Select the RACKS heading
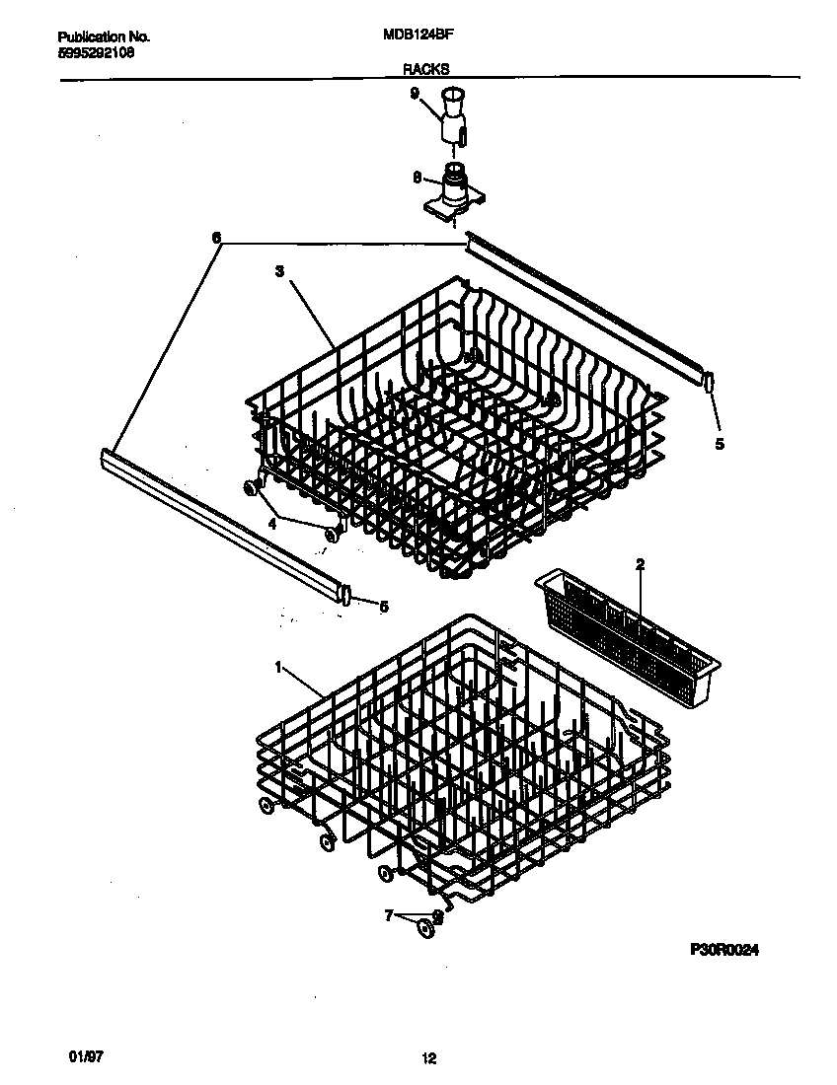[x=425, y=69]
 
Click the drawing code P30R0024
[x=725, y=949]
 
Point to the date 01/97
[x=86, y=1056]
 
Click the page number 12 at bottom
[x=428, y=1059]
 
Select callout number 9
[x=415, y=93]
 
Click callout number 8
[x=417, y=178]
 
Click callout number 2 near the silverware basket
[x=640, y=564]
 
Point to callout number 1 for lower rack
[x=278, y=668]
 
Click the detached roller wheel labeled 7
[x=425, y=927]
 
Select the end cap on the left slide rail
[x=345, y=594]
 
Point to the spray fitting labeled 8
[x=454, y=192]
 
